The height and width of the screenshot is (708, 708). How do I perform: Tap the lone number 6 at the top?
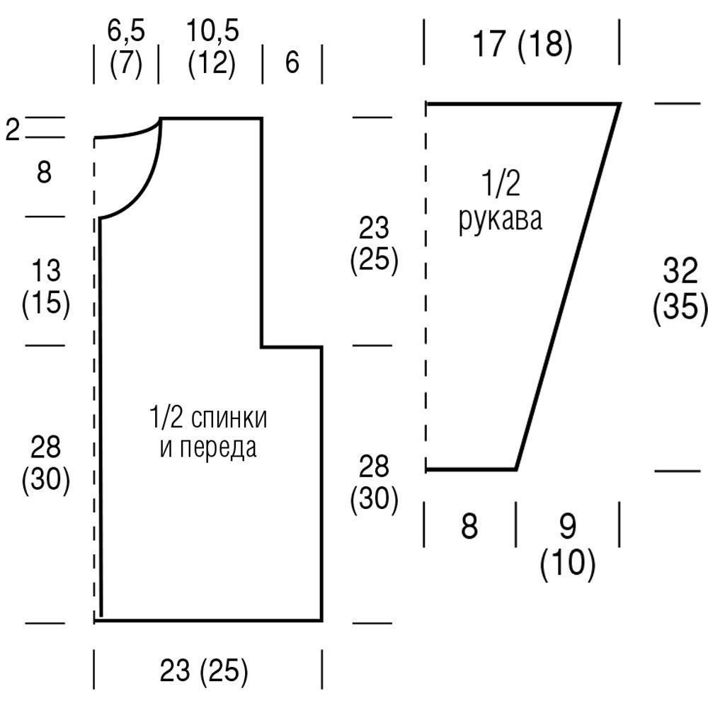coord(292,62)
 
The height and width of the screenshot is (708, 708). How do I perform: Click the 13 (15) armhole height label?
coord(46,287)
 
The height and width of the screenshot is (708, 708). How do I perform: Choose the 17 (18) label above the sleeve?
coord(521,45)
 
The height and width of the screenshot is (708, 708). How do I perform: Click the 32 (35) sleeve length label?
coord(680,290)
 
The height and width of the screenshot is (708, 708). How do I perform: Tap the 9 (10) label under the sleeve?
coord(568,545)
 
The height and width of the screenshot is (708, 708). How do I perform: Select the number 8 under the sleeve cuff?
coord(469,527)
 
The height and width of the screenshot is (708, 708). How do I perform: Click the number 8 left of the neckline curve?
coord(44,172)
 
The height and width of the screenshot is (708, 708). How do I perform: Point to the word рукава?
coord(501,219)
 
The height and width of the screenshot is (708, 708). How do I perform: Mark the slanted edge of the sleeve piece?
coord(568,287)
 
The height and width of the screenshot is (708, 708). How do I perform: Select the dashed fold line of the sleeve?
coord(426,283)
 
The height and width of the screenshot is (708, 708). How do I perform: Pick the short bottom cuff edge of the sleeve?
coord(471,469)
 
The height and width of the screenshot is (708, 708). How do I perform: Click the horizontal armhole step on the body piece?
coord(292,347)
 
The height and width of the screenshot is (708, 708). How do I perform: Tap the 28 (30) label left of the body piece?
coord(46,464)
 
